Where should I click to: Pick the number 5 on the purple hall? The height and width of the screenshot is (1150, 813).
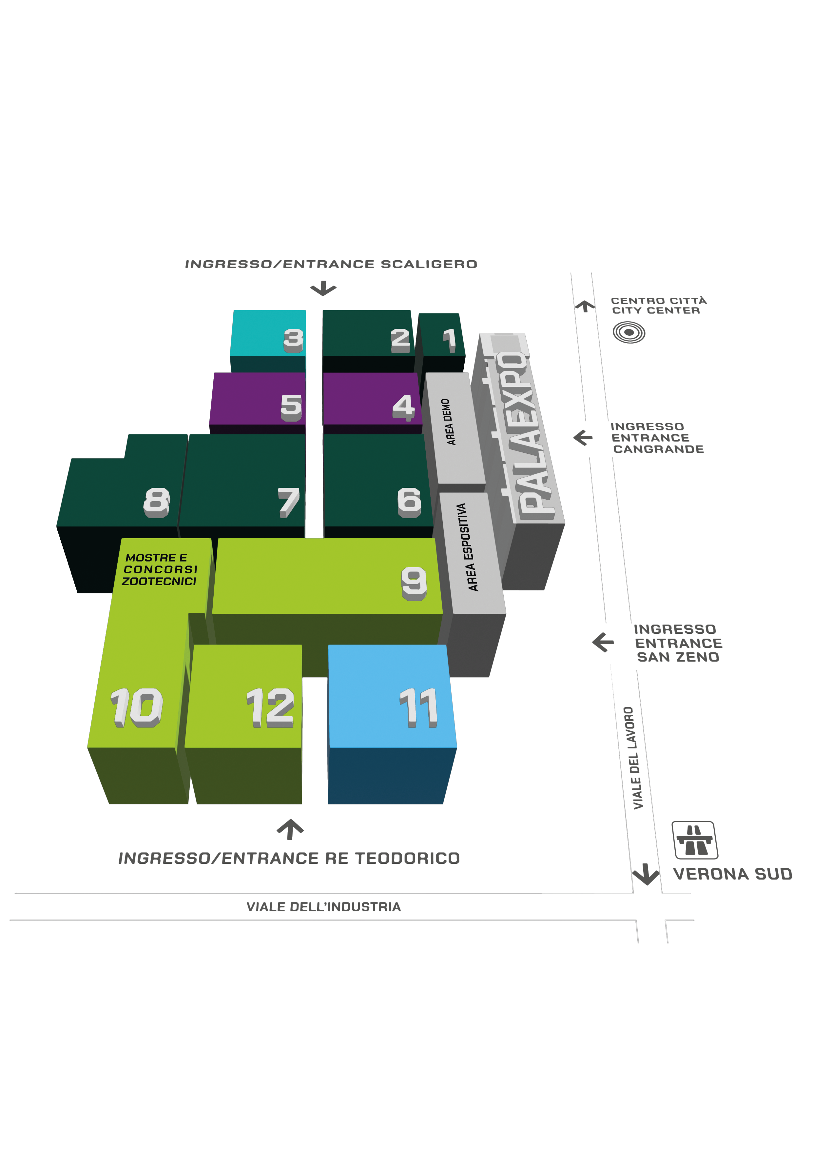[291, 407]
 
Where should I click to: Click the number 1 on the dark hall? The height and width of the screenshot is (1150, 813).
[450, 340]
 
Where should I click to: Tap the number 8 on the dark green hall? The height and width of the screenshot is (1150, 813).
[157, 502]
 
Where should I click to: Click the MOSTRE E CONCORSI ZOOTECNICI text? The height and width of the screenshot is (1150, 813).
[160, 569]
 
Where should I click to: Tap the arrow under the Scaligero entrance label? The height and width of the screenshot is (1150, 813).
[323, 288]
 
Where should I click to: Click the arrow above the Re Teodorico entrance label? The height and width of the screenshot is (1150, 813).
[290, 829]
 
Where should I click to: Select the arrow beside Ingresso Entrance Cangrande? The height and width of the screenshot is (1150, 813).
[583, 438]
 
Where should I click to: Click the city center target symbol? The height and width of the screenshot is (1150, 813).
[629, 333]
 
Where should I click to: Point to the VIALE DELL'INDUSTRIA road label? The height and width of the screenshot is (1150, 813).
[323, 907]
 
